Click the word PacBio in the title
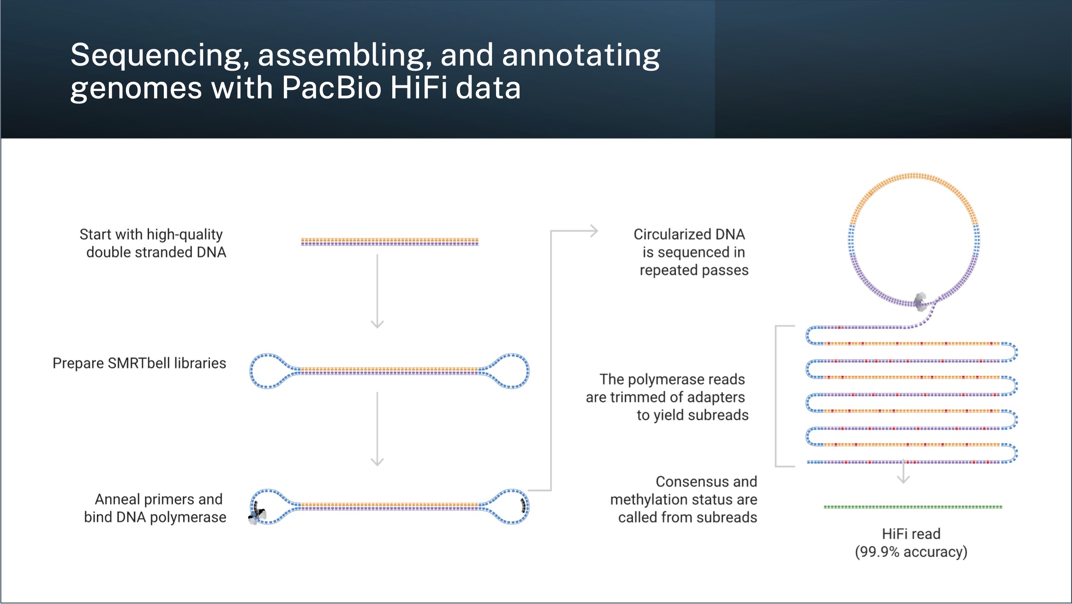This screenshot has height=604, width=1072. [331, 88]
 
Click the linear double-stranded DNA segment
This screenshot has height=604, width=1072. [389, 242]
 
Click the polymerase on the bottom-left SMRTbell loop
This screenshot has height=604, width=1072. [257, 515]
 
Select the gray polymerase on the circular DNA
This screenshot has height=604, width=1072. [920, 301]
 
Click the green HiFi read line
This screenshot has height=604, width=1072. [913, 507]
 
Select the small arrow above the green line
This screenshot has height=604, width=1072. [903, 473]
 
